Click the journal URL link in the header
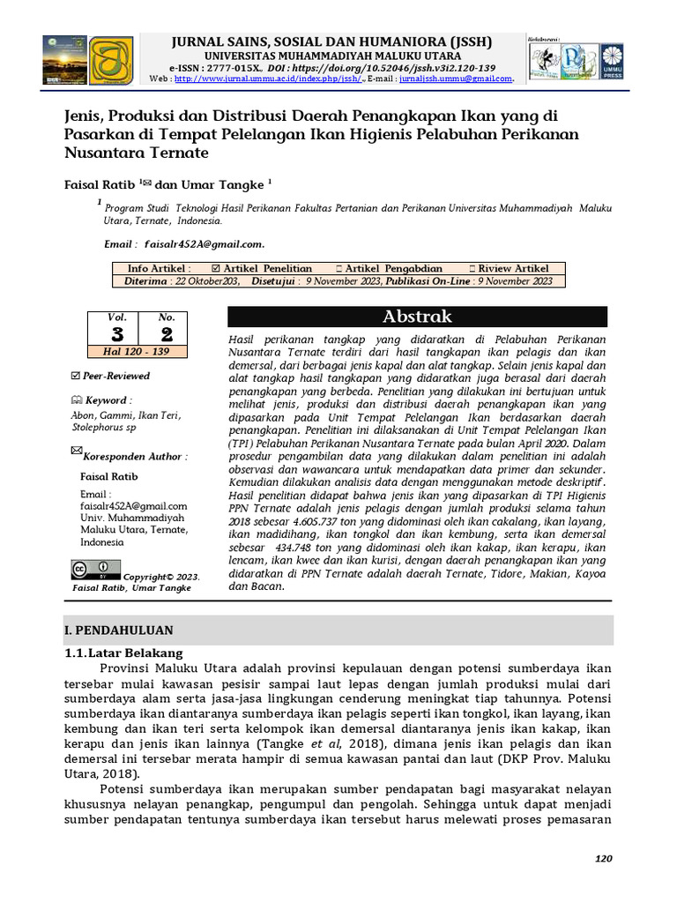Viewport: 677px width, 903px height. pos(269,78)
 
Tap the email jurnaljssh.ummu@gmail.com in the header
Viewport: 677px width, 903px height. pos(455,78)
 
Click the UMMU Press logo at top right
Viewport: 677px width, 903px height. pos(612,61)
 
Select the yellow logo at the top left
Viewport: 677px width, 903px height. pos(111,60)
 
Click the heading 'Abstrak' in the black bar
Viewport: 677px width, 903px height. pos(417,317)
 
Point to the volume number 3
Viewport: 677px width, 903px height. pos(117,333)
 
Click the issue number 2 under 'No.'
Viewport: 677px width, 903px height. pos(167,333)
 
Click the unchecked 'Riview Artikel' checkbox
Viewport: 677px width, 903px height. pos(471,269)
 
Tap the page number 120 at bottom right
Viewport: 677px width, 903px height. pos(603,859)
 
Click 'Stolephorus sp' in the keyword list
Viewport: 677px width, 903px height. pos(103,428)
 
